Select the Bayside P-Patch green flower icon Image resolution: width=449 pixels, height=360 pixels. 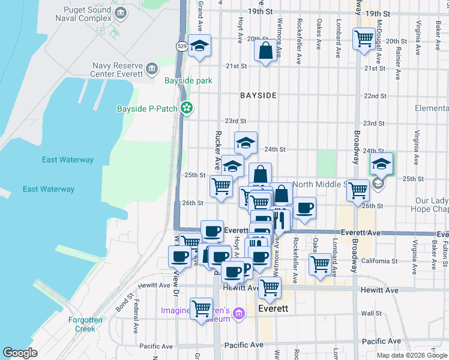pos(187,108)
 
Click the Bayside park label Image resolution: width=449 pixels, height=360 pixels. pos(188,80)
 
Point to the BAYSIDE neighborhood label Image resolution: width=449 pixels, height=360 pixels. pos(258,95)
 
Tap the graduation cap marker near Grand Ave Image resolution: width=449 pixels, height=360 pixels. pos(199,46)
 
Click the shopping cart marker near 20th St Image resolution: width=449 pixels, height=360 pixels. pos(364,39)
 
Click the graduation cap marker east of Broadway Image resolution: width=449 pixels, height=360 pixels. pos(381,163)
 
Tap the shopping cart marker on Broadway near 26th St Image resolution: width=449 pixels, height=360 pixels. pos(358,191)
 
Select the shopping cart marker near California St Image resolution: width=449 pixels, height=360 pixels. pos(321,263)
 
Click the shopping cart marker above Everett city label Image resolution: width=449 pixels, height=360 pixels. pos(270,288)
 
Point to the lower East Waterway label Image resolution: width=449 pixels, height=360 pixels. pos(49,189)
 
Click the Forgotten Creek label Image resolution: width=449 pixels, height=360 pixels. pos(85,324)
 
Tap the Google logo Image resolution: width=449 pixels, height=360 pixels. pos(19,353)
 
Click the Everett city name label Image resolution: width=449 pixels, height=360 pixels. pos(273,308)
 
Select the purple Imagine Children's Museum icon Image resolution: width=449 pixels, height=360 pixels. pos(238,314)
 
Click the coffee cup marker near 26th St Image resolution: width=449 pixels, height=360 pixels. pos(304,208)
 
